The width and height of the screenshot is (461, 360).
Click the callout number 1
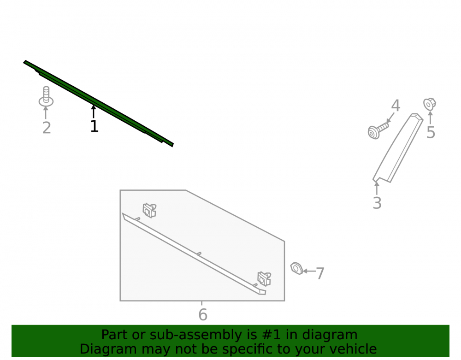94,126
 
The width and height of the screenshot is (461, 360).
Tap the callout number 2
47,128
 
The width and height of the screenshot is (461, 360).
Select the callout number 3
377,203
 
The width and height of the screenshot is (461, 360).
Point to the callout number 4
396,106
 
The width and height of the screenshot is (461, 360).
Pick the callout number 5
431,133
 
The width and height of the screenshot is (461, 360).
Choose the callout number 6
203,315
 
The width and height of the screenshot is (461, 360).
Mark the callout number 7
320,274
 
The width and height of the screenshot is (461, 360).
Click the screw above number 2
46,96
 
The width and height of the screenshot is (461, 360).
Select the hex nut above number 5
430,104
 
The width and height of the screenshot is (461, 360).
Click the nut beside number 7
296,268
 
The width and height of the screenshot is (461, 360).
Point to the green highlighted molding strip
99,103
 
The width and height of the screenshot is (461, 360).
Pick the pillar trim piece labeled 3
398,148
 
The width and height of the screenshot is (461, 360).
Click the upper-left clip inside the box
149,210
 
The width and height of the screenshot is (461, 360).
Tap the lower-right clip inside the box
264,278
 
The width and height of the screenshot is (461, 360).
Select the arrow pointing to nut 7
309,271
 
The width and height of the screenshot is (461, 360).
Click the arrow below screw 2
46,113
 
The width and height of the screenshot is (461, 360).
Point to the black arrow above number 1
94,112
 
